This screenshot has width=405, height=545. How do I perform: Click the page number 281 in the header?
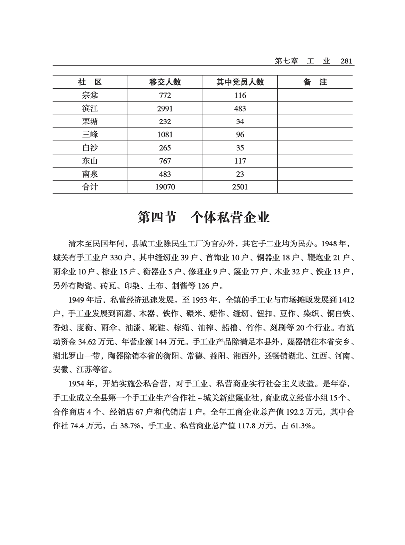(346, 61)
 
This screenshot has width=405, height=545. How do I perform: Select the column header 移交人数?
(165, 82)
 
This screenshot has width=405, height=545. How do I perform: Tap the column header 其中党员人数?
(240, 82)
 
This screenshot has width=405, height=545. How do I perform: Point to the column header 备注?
(315, 82)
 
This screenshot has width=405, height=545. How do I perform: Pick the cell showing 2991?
(165, 109)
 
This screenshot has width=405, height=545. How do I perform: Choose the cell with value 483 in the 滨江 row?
(240, 109)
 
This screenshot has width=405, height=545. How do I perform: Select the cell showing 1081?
(165, 135)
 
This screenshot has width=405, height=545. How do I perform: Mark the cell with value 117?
(240, 161)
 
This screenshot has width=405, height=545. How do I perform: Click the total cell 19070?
(165, 187)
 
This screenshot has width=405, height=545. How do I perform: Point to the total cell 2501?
(240, 187)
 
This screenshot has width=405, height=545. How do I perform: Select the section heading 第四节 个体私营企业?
(203, 217)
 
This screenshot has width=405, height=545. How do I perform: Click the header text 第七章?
(286, 61)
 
